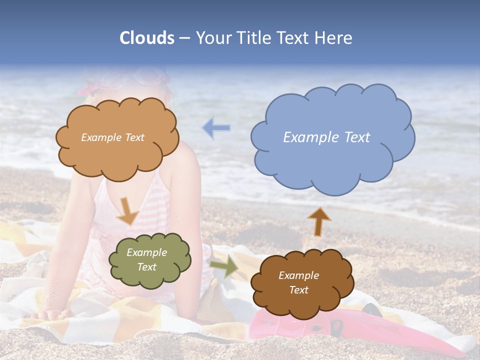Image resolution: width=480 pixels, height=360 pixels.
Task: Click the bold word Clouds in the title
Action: [147, 38]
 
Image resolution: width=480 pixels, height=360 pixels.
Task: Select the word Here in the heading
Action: [334, 38]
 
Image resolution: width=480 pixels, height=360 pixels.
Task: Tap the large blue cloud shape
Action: [332, 150]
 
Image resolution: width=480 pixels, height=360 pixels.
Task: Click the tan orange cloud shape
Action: [117, 150]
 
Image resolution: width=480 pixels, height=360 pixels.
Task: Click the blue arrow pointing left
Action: [216, 128]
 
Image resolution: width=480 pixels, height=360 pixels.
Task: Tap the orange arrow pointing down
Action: [127, 210]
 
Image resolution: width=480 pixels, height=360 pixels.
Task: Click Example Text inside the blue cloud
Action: [326, 137]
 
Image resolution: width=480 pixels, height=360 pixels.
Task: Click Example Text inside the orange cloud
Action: [112, 137]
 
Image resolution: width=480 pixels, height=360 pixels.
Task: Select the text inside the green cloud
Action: [147, 260]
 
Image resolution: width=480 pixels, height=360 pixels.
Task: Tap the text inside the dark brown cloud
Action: [298, 282]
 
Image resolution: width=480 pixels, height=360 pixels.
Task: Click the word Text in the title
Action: [294, 38]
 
